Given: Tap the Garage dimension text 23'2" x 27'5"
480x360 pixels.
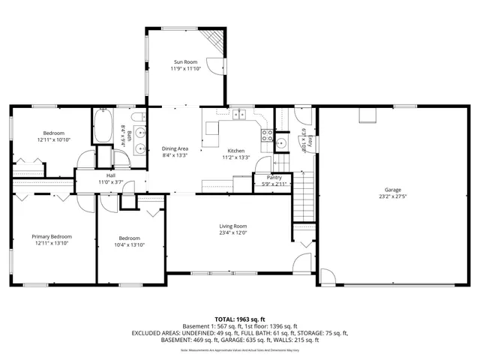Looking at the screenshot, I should point(392,197).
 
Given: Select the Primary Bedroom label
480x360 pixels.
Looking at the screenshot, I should point(52,236).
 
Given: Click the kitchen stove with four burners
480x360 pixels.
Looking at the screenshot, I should point(265,136).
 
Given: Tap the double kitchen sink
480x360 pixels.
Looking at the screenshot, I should point(240,115).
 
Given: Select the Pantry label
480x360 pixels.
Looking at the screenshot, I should point(274,177).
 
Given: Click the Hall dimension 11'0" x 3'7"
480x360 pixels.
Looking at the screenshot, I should point(111,181).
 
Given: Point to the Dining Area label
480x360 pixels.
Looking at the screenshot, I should point(175,148).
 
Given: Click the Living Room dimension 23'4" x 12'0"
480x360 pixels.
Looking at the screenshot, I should point(232,232).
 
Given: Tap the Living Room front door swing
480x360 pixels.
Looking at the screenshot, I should point(301,267).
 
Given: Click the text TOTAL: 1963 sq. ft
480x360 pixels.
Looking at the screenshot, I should point(240,319).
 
